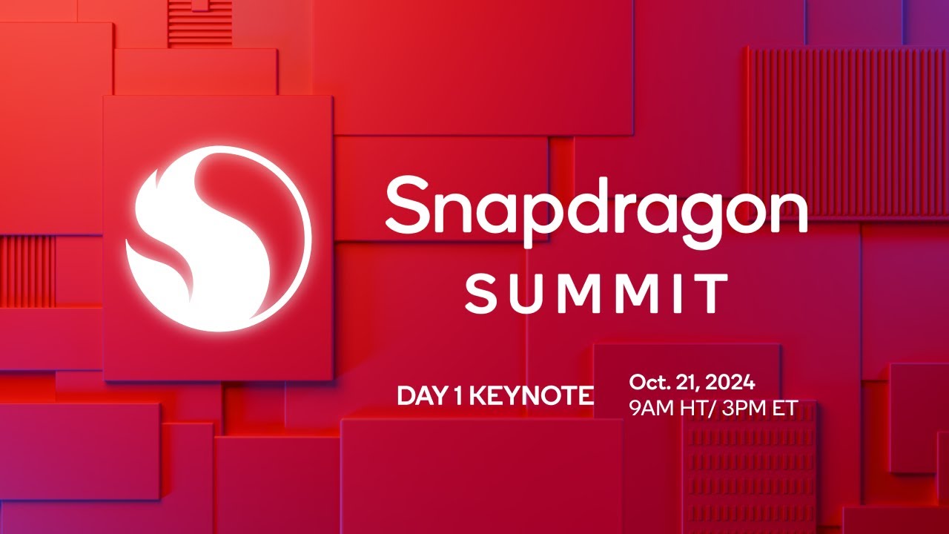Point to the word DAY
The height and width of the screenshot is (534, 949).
420,396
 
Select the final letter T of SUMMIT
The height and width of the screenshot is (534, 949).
714,293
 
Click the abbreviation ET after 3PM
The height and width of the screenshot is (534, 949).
785,409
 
